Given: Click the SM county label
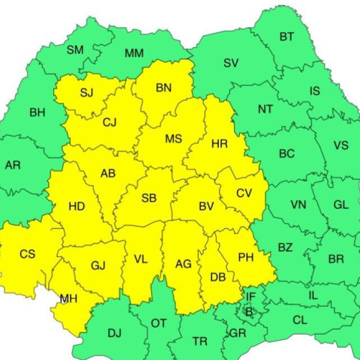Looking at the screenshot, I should pyautogui.click(x=75, y=50).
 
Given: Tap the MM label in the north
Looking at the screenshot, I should pyautogui.click(x=134, y=53).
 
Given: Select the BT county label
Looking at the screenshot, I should pyautogui.click(x=287, y=37).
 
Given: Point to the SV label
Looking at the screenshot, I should pyautogui.click(x=230, y=63).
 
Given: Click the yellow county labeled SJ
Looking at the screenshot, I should pyautogui.click(x=86, y=92).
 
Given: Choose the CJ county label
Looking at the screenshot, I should pyautogui.click(x=109, y=122).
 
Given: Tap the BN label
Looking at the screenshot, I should pyautogui.click(x=163, y=88).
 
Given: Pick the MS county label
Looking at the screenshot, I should pyautogui.click(x=173, y=138).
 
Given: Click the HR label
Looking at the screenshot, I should pyautogui.click(x=220, y=144).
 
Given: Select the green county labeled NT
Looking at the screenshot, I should pyautogui.click(x=265, y=109).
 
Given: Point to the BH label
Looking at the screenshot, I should pyautogui.click(x=37, y=112).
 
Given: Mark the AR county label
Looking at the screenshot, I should pyautogui.click(x=12, y=165).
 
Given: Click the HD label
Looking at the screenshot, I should pyautogui.click(x=76, y=207).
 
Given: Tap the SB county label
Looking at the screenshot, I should pyautogui.click(x=149, y=198).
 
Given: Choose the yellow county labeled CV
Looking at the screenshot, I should pyautogui.click(x=245, y=193).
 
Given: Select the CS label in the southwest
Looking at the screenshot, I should pyautogui.click(x=27, y=253).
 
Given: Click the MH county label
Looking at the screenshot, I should pyautogui.click(x=69, y=298).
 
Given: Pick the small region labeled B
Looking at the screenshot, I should pyautogui.click(x=249, y=311).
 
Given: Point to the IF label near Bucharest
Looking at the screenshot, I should pyautogui.click(x=251, y=296).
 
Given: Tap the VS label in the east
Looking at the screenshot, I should pyautogui.click(x=341, y=145).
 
